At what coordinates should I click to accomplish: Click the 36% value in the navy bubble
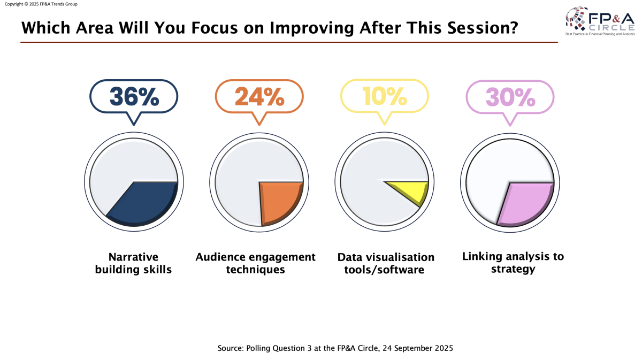(134, 97)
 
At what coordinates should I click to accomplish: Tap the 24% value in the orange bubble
(259, 97)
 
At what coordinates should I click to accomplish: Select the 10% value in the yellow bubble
(385, 96)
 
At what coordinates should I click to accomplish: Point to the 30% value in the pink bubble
(510, 97)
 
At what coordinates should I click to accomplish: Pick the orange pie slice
(279, 202)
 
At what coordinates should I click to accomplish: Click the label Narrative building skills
(133, 263)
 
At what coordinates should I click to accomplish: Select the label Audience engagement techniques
(255, 263)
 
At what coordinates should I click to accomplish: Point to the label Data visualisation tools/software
(386, 263)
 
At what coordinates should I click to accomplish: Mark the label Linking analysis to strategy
(513, 263)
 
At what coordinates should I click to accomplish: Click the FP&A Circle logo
(600, 21)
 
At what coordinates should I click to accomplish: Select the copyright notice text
(41, 4)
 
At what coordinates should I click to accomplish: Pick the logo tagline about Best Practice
(600, 34)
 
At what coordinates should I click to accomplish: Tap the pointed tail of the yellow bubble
(385, 124)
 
